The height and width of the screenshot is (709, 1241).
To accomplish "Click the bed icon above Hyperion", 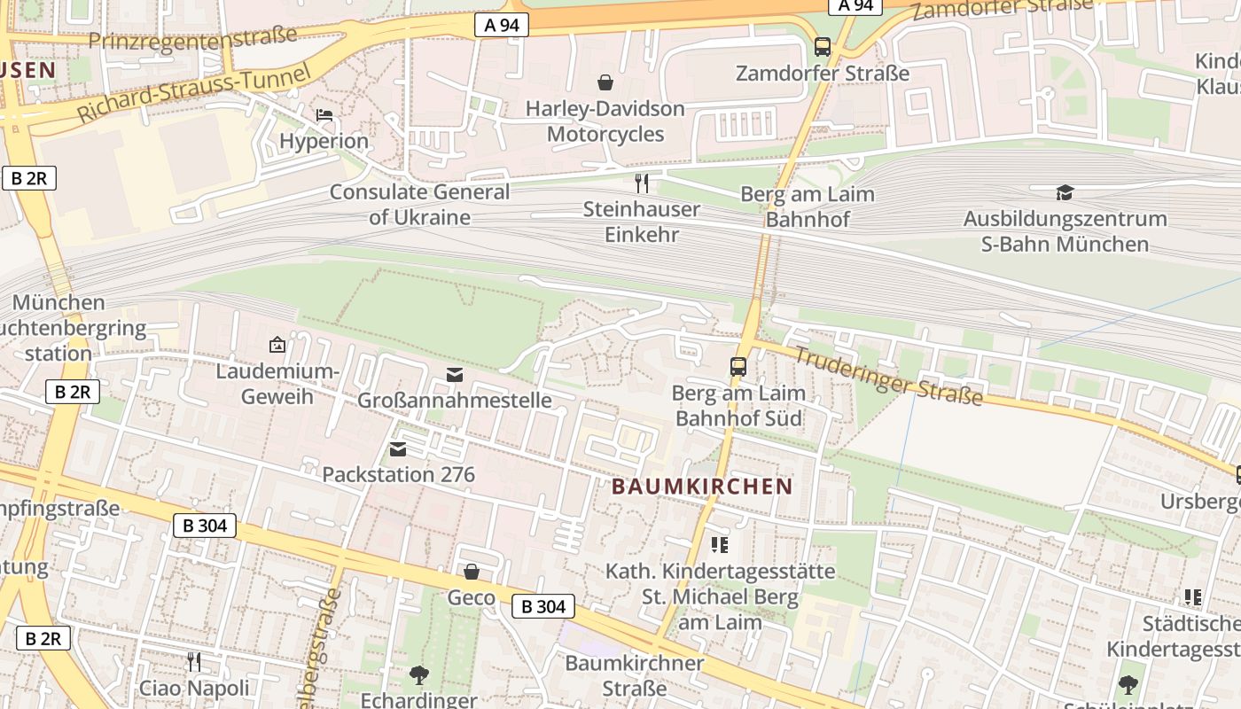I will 324,115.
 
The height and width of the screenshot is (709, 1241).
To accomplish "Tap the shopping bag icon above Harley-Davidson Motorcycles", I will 605,82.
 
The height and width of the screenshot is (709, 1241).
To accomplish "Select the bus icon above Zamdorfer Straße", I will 823,46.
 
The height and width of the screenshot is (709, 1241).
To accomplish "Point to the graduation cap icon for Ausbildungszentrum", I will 1065,192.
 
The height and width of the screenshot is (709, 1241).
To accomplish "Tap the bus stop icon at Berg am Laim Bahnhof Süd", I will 738,366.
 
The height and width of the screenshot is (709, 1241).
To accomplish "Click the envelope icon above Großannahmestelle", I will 455,374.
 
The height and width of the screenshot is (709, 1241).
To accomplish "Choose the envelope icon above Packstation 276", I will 398,449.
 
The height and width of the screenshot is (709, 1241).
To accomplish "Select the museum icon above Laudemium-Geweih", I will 277,345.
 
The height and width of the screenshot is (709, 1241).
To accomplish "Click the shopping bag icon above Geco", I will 472,572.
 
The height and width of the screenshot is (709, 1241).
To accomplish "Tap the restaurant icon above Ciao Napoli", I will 194,661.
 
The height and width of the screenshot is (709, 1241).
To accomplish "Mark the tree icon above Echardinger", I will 418,675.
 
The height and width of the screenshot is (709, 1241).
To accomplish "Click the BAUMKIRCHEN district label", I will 702,486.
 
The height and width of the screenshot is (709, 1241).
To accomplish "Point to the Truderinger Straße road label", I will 888,376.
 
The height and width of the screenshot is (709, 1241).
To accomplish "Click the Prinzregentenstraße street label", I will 192,38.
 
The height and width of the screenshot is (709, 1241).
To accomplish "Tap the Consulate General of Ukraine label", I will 419,205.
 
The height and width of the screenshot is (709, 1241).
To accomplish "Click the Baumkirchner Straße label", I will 634,675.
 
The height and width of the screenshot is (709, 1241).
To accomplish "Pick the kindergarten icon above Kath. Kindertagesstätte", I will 719,545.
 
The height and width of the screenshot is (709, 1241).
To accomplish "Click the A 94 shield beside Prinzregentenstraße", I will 502,25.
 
